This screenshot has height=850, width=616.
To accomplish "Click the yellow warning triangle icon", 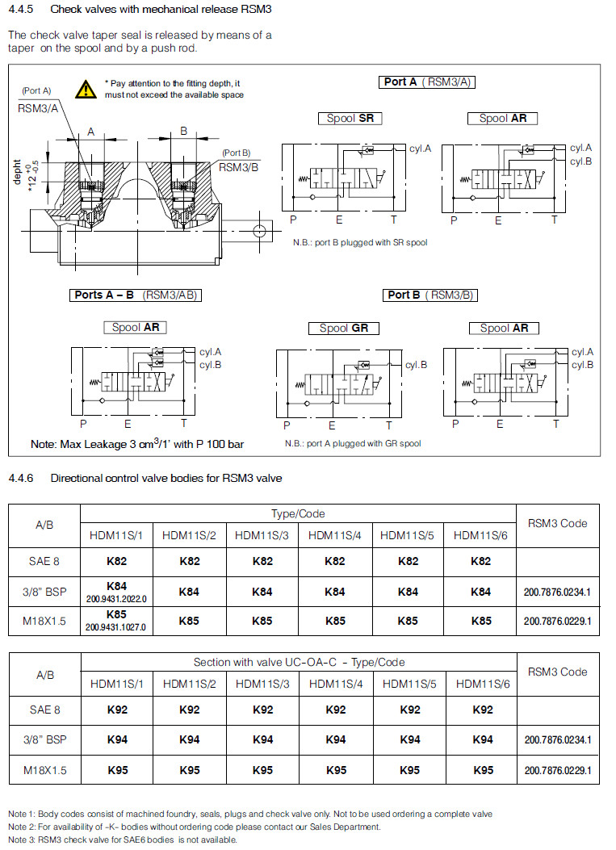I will coord(86,89).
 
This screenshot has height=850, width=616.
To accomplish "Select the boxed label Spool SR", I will coord(350,119).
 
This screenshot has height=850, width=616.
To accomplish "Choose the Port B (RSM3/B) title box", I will coord(430,295).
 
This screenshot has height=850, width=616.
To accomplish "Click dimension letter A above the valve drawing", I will coord(91,131).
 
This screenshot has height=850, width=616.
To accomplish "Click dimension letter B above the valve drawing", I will coord(183,130).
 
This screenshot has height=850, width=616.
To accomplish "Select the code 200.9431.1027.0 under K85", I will coord(117,626).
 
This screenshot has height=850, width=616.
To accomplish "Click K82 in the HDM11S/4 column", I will coord(334,561).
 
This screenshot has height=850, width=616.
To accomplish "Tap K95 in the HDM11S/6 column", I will coord(483,770).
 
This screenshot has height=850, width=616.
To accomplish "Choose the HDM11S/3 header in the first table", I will coord(262,534).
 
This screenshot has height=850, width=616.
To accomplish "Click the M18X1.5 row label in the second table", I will coord(44,770).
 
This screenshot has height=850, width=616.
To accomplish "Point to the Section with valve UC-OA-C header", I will coord(298,662).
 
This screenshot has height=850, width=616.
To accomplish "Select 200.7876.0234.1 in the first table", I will coord(557,592).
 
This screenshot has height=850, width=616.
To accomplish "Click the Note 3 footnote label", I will coord(23,839).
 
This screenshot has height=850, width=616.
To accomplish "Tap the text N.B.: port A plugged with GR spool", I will coord(352,443).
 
